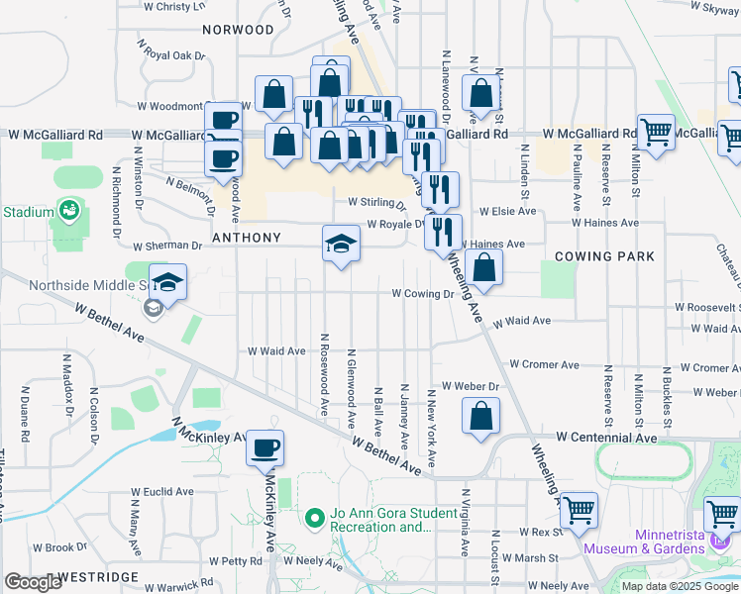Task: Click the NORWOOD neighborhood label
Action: [238, 30]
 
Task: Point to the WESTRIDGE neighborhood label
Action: [96, 576]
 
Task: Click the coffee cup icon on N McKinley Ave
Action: [265, 448]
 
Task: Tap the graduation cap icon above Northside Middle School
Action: [167, 282]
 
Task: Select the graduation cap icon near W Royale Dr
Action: [340, 244]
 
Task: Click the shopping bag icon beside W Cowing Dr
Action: [482, 267]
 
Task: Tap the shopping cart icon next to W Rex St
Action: [579, 511]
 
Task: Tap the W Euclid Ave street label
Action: [161, 491]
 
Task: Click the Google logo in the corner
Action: [33, 582]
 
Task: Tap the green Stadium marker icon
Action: [68, 209]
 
